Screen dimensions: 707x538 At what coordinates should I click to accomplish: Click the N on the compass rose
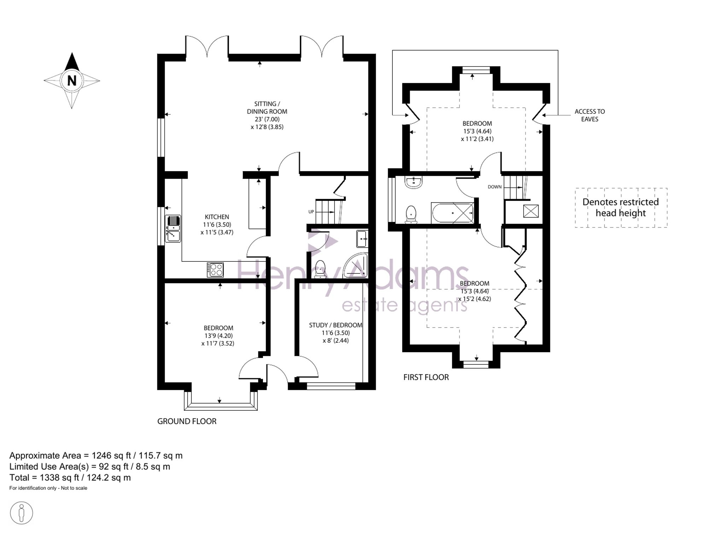72,81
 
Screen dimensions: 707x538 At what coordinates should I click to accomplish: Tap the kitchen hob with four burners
215,270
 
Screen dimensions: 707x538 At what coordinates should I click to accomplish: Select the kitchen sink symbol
173,229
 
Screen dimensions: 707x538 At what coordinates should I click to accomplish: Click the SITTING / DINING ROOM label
267,108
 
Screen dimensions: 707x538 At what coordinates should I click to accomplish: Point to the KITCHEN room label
217,217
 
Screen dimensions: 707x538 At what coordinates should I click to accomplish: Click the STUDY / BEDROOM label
335,325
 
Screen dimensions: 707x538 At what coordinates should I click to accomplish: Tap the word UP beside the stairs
311,212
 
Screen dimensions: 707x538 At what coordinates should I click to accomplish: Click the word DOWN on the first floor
495,187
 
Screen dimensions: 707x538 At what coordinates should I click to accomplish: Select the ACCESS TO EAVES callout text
590,115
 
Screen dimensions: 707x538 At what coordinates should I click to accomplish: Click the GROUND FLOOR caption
187,421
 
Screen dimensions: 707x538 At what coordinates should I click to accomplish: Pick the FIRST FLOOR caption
426,377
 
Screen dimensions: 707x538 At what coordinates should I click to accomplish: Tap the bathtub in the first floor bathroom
452,213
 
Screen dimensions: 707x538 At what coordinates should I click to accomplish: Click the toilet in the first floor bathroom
411,214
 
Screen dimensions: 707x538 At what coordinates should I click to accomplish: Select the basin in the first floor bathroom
413,182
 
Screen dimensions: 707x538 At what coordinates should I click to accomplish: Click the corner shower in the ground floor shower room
355,265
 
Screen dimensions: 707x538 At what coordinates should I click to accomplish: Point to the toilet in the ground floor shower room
320,270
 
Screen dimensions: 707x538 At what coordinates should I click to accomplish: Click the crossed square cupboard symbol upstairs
531,211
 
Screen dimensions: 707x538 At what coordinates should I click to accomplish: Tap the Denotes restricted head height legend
621,208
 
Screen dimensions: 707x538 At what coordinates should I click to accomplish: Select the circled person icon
21,513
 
